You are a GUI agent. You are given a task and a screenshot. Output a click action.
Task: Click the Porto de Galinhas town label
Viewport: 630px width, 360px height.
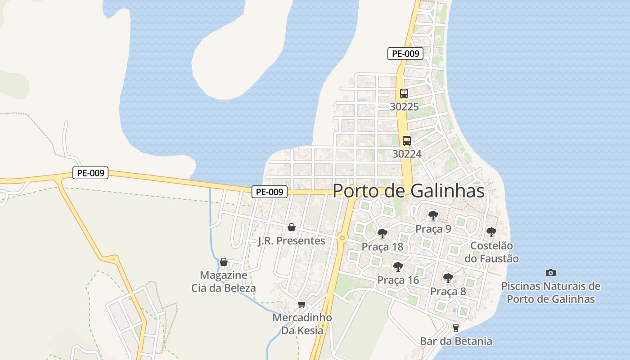(409, 191)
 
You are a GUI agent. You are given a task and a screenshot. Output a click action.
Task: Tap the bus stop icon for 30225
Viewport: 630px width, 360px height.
(404, 94)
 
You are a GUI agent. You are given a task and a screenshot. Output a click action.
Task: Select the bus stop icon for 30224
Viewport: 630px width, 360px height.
(406, 140)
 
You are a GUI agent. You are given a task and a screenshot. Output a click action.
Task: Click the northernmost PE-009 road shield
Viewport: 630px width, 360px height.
(405, 54)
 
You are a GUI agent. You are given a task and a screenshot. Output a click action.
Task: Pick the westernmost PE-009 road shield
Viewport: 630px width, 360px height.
(90, 173)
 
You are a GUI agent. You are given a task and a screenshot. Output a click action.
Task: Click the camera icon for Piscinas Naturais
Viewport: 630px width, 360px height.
(550, 273)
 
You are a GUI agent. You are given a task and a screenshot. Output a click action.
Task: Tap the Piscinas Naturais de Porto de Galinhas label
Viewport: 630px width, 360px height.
(551, 292)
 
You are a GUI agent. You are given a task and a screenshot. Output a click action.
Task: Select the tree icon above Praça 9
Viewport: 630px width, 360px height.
(433, 216)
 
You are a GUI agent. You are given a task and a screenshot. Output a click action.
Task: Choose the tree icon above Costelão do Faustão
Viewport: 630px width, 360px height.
(491, 232)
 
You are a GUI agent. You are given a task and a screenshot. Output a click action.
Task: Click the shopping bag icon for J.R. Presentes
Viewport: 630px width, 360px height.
(291, 227)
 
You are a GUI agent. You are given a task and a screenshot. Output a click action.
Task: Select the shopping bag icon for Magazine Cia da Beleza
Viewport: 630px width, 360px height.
(224, 262)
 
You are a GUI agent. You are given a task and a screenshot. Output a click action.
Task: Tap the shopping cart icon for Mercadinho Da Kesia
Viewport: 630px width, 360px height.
(301, 305)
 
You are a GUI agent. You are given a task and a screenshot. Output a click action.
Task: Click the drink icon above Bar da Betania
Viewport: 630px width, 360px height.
(456, 328)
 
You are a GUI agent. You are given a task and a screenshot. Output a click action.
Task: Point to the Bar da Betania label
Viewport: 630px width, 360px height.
(456, 341)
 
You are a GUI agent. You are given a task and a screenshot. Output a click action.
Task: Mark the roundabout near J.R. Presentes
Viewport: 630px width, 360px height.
(342, 238)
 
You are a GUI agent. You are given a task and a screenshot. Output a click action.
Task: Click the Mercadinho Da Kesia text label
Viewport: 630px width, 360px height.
(302, 324)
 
